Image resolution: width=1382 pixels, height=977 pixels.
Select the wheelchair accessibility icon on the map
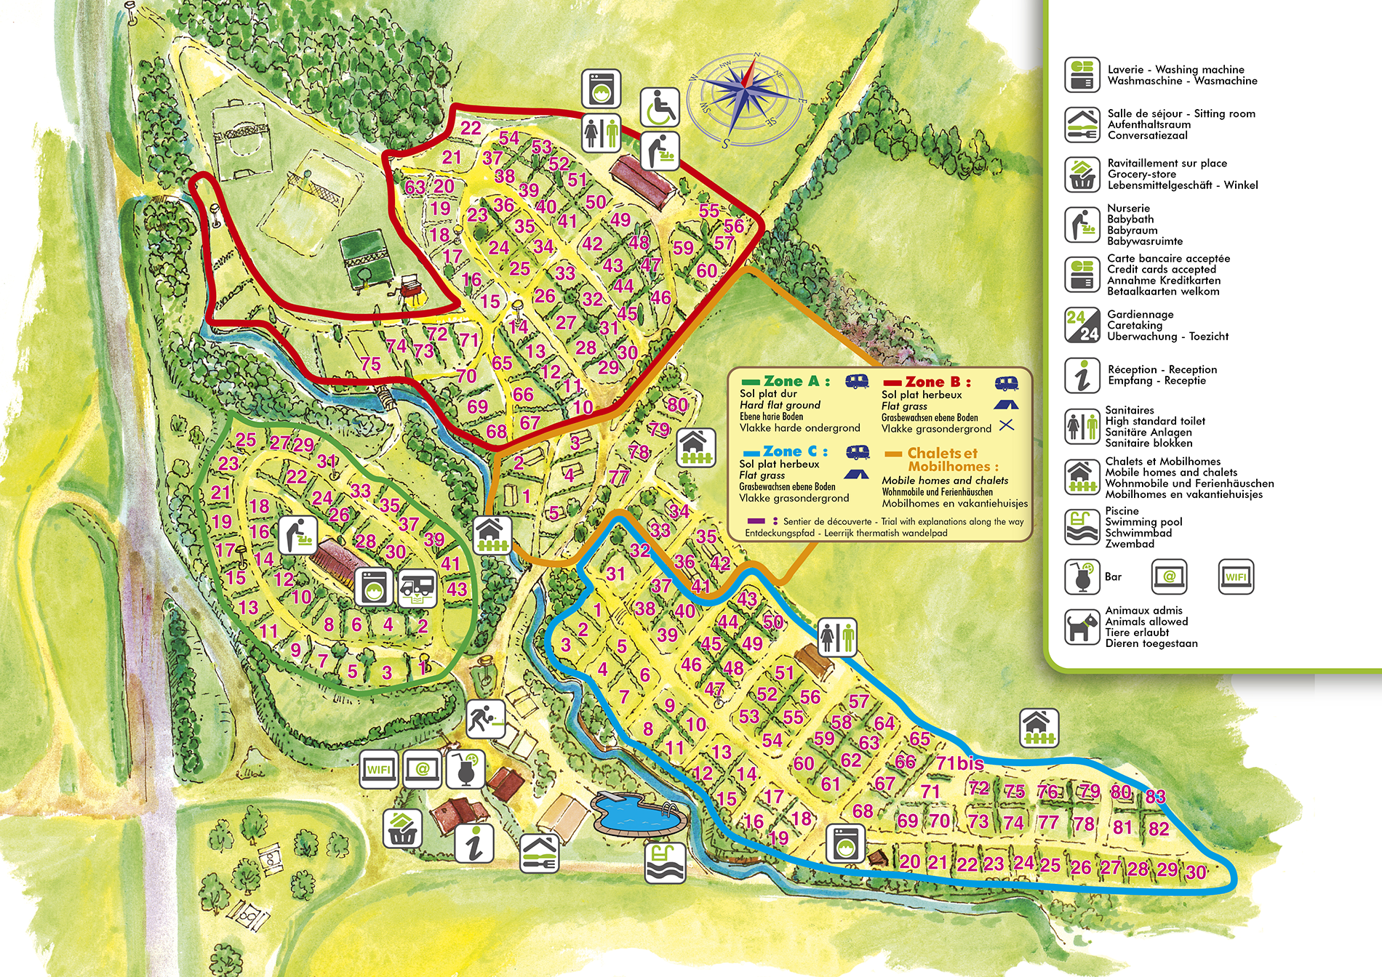pyautogui.click(x=660, y=108)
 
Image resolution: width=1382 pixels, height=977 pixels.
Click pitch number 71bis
pyautogui.click(x=959, y=763)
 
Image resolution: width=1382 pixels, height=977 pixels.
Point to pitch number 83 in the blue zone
pyautogui.click(x=1155, y=797)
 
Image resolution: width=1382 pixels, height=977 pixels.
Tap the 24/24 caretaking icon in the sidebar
pyautogui.click(x=1082, y=325)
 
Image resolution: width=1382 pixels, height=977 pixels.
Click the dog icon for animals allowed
pyautogui.click(x=1082, y=627)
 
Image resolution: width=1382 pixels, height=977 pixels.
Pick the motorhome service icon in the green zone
pyautogui.click(x=418, y=587)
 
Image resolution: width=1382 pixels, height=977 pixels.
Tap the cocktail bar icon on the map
pyautogui.click(x=465, y=770)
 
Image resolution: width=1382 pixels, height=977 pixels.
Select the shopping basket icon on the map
pyautogui.click(x=403, y=828)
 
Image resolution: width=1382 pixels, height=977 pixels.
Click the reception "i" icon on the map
pyautogui.click(x=474, y=843)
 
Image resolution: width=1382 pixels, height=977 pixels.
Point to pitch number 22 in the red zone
pyautogui.click(x=471, y=128)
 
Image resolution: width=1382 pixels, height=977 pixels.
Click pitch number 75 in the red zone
pyautogui.click(x=370, y=364)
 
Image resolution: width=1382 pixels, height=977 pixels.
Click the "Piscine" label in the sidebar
pyautogui.click(x=1122, y=511)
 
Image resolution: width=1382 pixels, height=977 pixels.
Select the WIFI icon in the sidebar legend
pyautogui.click(x=1235, y=577)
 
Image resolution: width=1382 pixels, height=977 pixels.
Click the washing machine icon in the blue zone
pyautogui.click(x=845, y=843)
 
